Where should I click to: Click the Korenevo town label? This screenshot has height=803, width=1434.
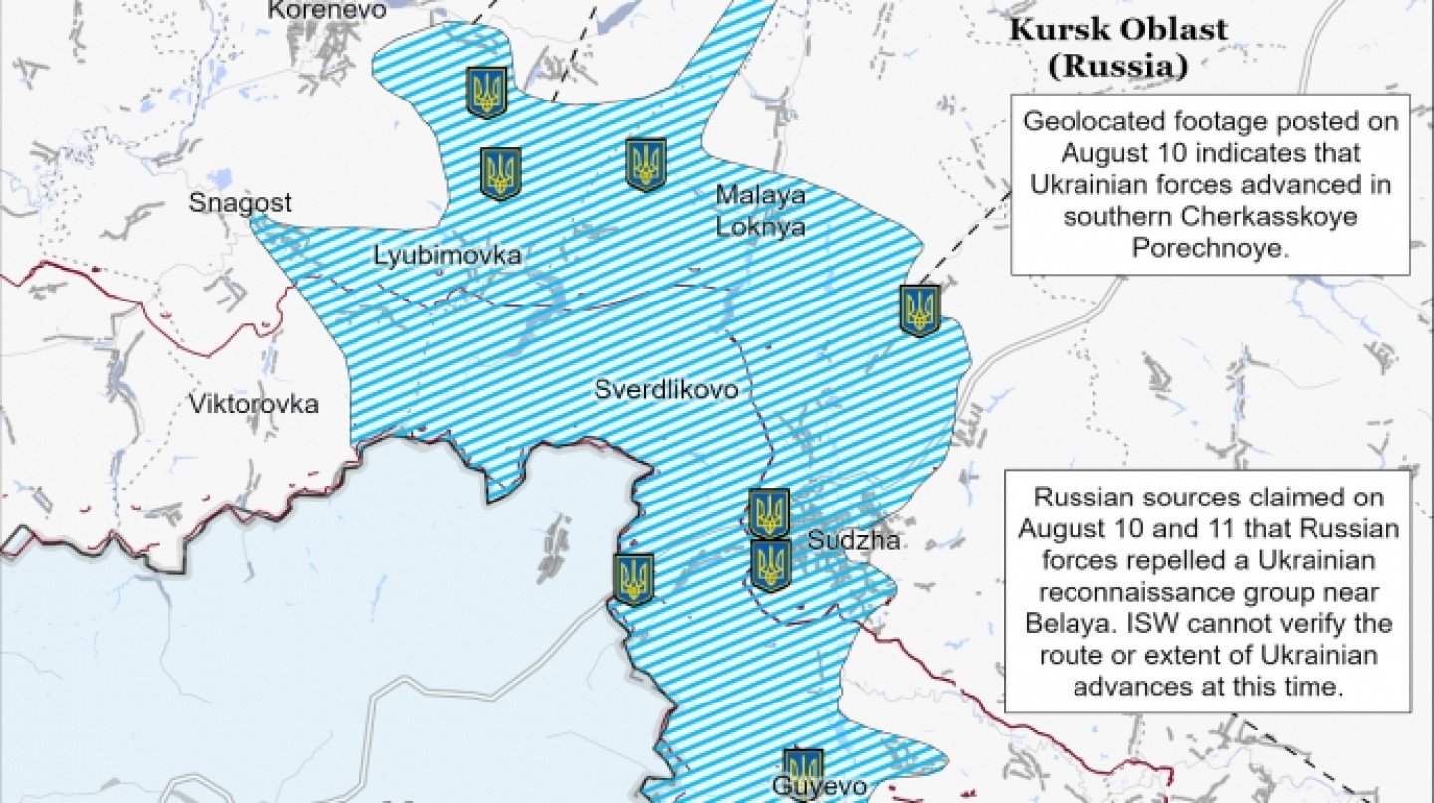tap(314, 10)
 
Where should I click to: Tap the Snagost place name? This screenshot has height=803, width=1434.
tap(241, 203)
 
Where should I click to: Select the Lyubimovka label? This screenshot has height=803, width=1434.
tap(447, 256)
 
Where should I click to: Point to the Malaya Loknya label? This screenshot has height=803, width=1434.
tap(761, 210)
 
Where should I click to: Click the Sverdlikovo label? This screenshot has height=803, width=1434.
tap(666, 389)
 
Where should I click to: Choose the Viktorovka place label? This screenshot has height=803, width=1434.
tap(254, 404)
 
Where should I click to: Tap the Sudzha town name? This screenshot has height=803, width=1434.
tap(853, 541)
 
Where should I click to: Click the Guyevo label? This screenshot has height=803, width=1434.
tap(811, 786)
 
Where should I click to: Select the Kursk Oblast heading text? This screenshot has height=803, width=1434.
tap(1117, 29)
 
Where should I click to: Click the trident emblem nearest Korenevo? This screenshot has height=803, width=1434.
tap(487, 92)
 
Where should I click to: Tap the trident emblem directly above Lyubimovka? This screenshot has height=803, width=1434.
tap(501, 173)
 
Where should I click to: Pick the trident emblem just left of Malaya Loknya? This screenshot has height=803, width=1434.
tap(646, 164)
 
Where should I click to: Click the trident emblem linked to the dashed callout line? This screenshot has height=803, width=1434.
tap(920, 310)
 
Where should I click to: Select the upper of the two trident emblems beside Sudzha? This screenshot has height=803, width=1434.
tap(769, 512)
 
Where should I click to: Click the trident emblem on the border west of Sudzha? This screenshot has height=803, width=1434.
tap(633, 579)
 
